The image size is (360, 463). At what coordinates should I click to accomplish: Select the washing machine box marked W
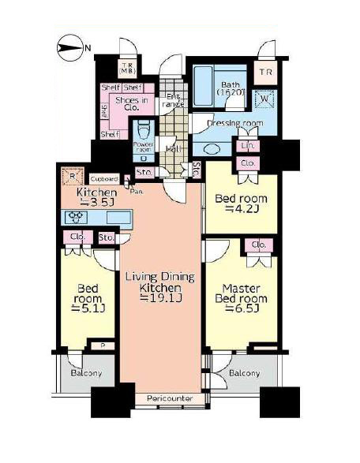(263, 99)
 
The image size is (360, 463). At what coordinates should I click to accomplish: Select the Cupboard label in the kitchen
(103, 178)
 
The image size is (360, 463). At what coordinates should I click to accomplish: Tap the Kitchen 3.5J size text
(96, 198)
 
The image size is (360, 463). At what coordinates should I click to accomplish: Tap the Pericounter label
(170, 399)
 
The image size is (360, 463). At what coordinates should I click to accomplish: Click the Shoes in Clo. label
(133, 105)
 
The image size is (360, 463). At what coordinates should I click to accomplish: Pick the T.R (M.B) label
(127, 69)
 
